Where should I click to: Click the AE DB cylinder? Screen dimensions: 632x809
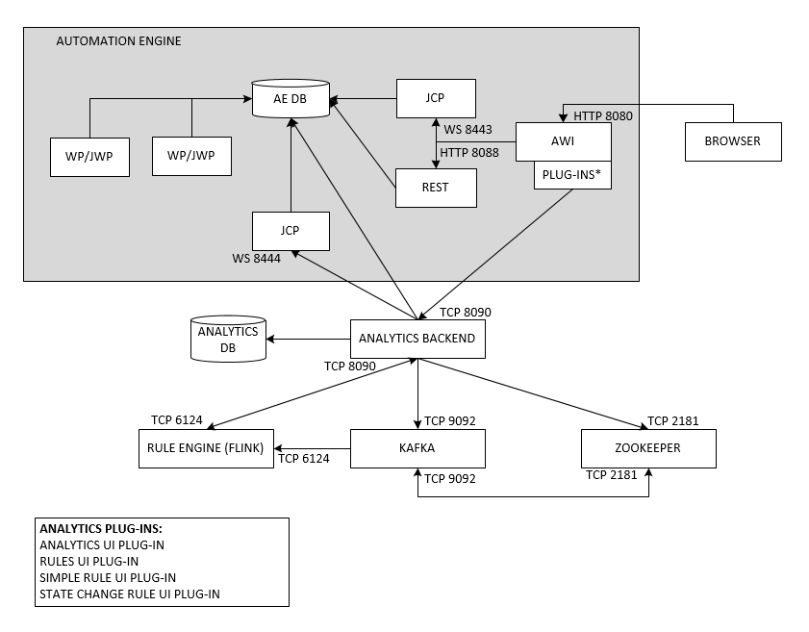click(291, 99)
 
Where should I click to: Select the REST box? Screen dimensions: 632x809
click(436, 188)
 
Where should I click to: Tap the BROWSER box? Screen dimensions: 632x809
click(733, 141)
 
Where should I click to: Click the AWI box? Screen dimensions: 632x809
click(564, 141)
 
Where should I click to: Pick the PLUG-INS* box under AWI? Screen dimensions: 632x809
click(573, 176)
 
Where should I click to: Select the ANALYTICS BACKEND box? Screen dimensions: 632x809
click(417, 339)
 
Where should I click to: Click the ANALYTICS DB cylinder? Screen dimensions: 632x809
click(228, 339)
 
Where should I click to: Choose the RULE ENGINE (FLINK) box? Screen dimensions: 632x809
click(207, 448)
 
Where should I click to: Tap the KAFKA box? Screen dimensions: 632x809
click(417, 448)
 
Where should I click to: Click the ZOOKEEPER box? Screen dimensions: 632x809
click(648, 448)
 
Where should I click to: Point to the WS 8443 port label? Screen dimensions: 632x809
click(468, 130)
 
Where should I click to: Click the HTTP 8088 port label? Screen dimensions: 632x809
click(469, 152)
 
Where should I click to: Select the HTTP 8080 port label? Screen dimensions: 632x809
click(603, 115)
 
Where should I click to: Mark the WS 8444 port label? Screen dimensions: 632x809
click(256, 258)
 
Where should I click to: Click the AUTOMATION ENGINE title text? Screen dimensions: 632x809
click(118, 41)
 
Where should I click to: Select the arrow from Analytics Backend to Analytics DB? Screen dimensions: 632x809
click(309, 339)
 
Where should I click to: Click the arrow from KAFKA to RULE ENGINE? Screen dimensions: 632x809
click(313, 448)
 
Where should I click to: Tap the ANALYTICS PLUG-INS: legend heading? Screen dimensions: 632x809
click(101, 529)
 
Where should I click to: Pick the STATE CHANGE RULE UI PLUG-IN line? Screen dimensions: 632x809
click(130, 594)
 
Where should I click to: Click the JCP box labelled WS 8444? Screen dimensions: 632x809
click(291, 231)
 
